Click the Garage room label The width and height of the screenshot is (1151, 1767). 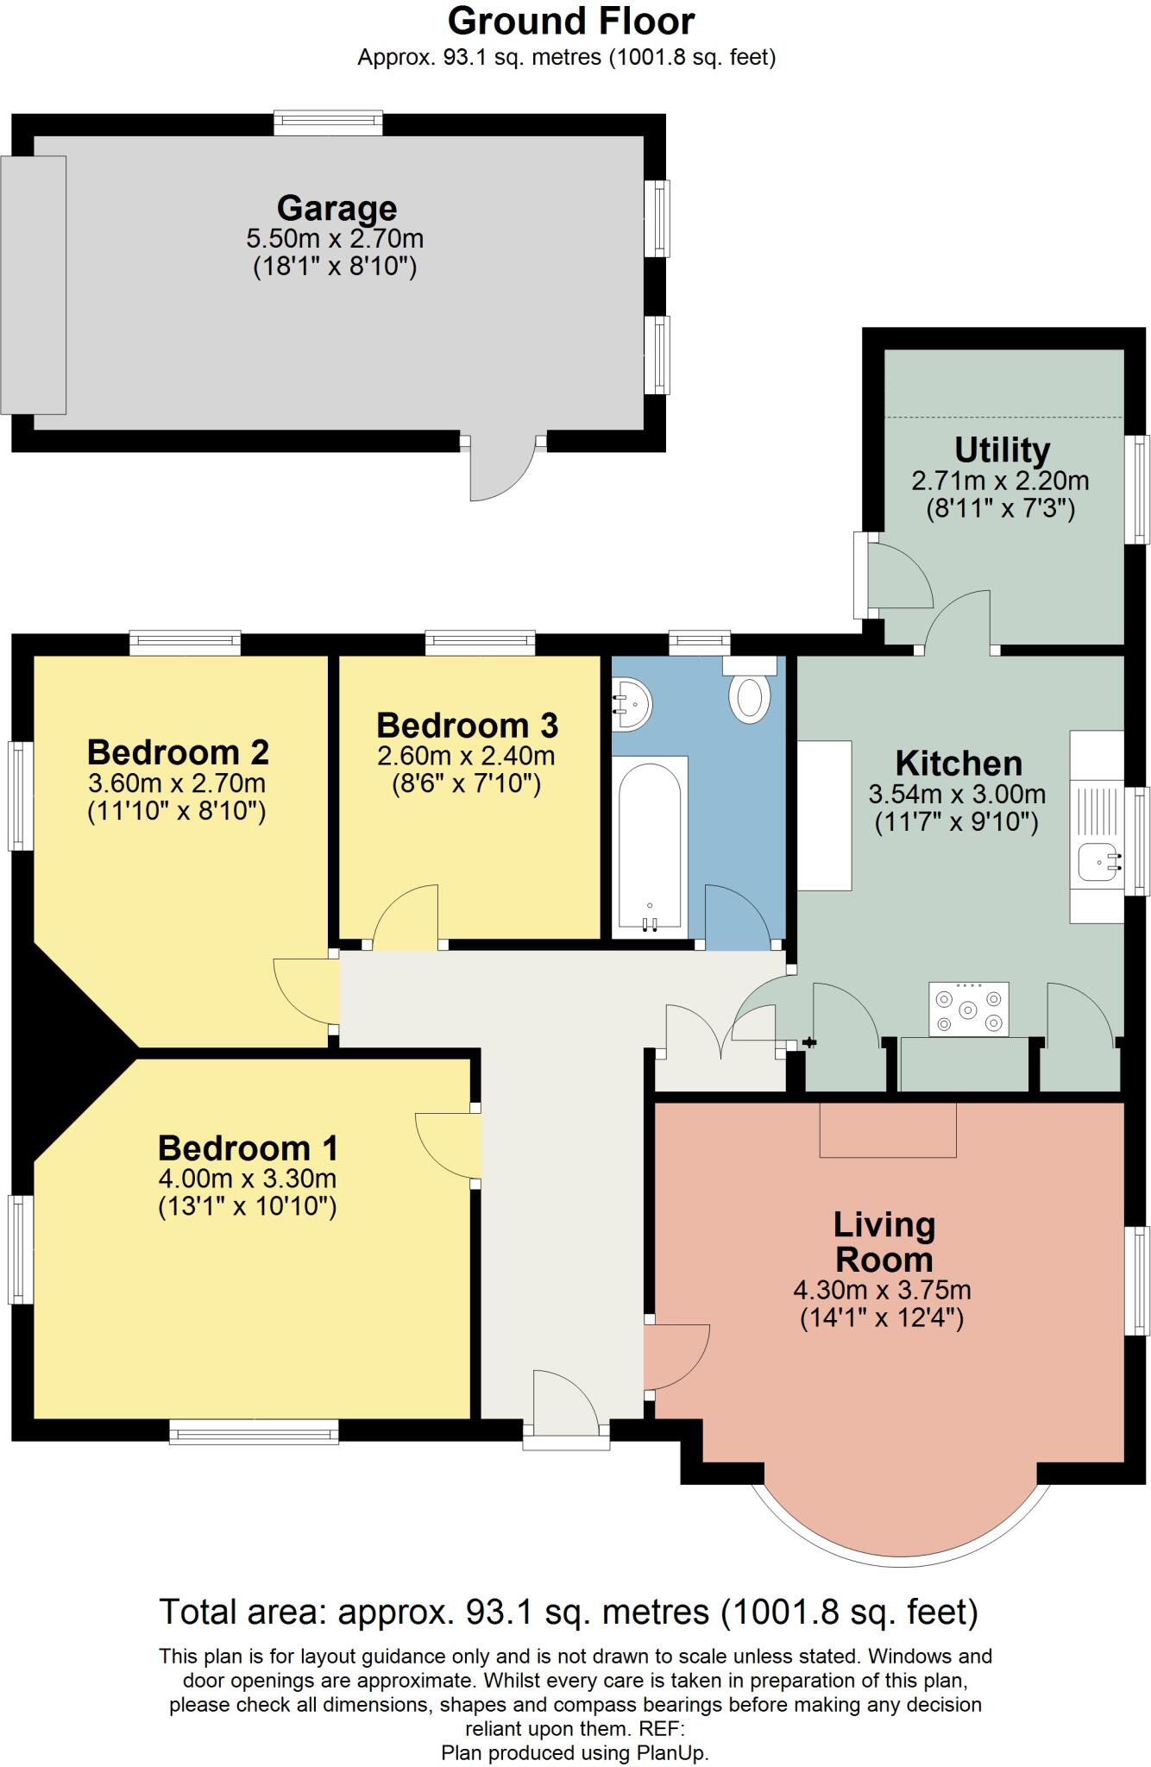tap(336, 209)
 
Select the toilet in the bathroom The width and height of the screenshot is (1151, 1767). tap(749, 690)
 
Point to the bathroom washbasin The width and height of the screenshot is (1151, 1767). tap(631, 705)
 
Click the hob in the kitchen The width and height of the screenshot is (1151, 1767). tap(968, 1009)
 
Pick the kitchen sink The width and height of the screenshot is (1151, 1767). tap(1097, 862)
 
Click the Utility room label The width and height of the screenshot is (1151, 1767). tap(1002, 450)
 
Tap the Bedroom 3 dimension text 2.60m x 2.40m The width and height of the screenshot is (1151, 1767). tap(466, 757)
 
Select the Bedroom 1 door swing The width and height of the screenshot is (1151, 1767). tap(447, 1145)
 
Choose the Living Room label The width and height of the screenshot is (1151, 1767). tap(884, 1242)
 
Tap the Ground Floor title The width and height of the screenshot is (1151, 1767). tap(571, 21)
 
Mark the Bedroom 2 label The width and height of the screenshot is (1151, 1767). tap(178, 752)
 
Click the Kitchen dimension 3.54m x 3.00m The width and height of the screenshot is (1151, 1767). tap(957, 794)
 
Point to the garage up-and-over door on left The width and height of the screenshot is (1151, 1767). tap(34, 285)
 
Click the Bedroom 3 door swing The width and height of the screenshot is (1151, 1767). tap(405, 916)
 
